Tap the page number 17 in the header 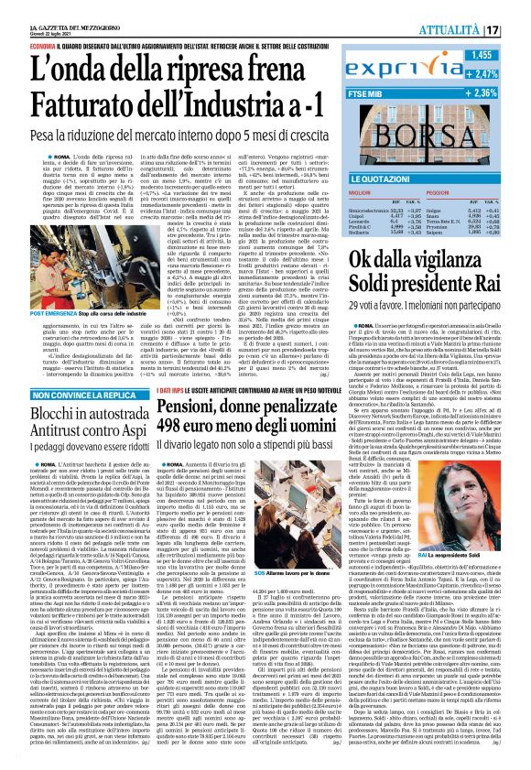tap(516, 30)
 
